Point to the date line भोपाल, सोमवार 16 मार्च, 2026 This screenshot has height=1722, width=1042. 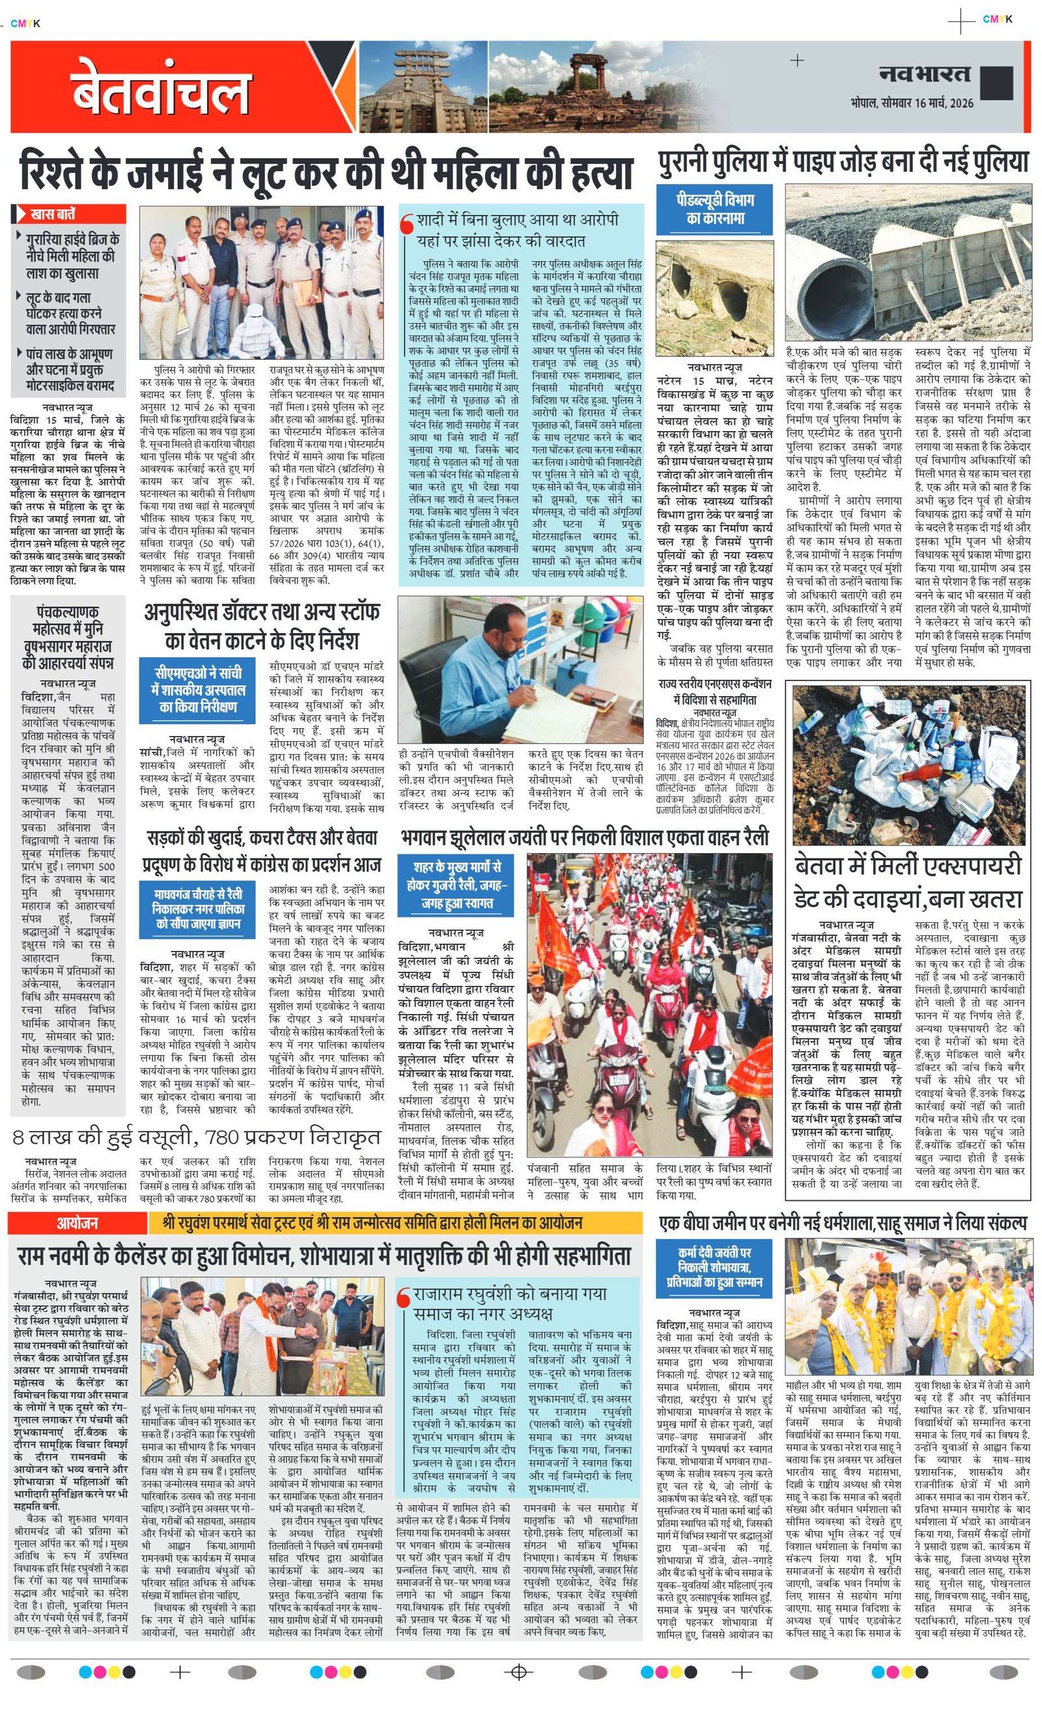[x=911, y=103]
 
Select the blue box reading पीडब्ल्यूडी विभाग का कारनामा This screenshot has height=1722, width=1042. [x=715, y=209]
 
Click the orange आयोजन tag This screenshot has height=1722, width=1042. [x=77, y=1222]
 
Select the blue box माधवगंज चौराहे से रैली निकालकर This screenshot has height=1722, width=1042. [x=198, y=909]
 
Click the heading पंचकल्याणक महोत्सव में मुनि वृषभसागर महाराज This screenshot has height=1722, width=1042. [x=67, y=637]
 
